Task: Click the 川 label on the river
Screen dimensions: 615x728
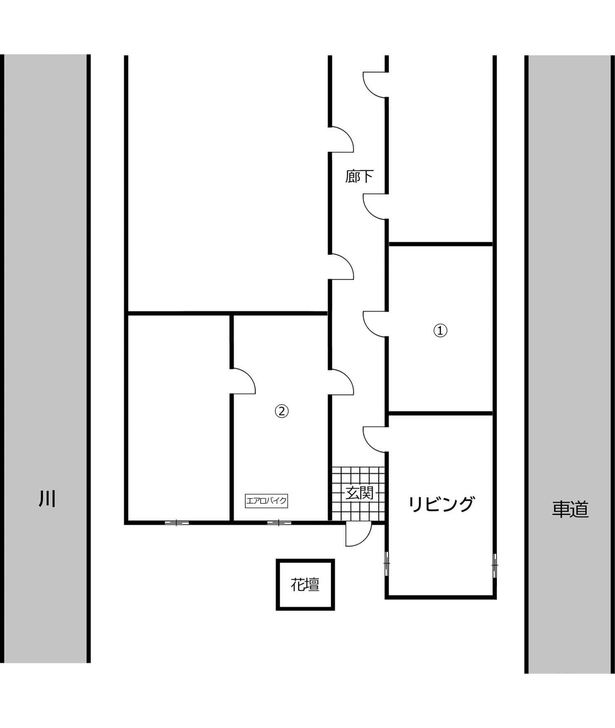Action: click(47, 499)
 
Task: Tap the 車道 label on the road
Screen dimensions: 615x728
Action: click(570, 509)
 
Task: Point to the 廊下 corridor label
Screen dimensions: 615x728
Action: click(359, 176)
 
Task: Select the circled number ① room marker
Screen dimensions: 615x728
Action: click(440, 330)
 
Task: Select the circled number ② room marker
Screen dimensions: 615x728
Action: click(282, 411)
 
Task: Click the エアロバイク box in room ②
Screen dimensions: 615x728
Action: click(266, 501)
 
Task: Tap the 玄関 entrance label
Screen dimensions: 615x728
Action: click(359, 493)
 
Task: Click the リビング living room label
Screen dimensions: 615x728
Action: click(441, 504)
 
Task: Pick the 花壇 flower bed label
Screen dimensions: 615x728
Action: click(305, 585)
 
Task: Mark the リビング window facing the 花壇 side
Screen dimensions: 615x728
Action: click(387, 564)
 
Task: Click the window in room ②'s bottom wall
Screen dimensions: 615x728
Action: click(279, 523)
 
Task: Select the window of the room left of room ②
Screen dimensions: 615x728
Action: click(177, 523)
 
